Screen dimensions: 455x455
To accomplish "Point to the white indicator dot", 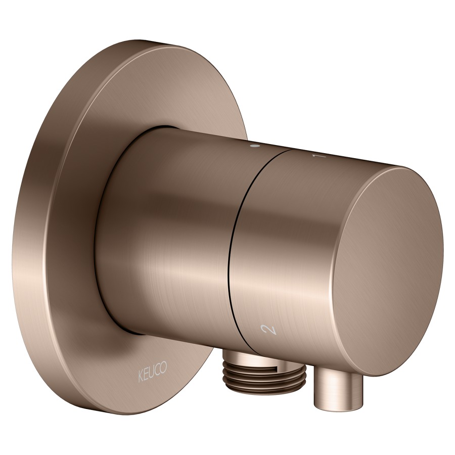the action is [254, 147].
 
